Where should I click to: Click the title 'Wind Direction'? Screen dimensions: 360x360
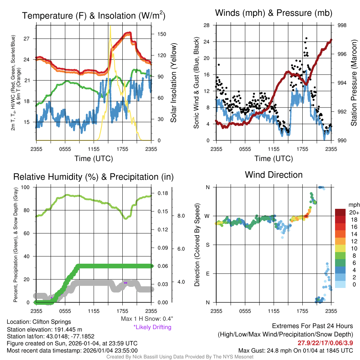pyautogui.click(x=274, y=175)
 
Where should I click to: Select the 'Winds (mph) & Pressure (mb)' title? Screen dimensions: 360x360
pyautogui.click(x=274, y=13)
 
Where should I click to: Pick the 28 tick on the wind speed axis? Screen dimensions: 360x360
pyautogui.click(x=207, y=25)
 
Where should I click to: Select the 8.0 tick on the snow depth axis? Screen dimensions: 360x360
pyautogui.click(x=181, y=216)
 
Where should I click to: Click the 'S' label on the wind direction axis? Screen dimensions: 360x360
pyautogui.click(x=208, y=245)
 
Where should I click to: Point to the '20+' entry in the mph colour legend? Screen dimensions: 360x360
pyautogui.click(x=353, y=213)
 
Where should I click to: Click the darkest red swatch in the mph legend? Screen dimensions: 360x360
pyautogui.click(x=341, y=212)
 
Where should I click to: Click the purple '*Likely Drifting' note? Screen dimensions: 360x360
pyautogui.click(x=152, y=327)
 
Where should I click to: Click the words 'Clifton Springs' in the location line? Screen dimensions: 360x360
pyautogui.click(x=52, y=322)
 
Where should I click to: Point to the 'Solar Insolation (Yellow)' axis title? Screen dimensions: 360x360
pyautogui.click(x=173, y=83)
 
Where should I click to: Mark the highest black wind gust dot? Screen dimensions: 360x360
pyautogui.click(x=307, y=38)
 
